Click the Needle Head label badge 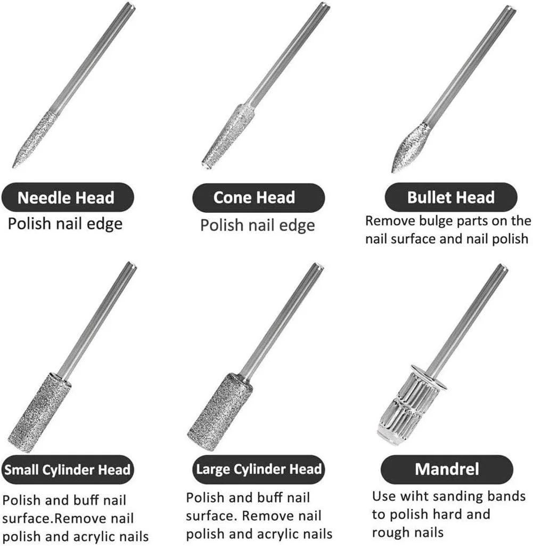coord(68,197)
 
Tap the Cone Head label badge coord(258,197)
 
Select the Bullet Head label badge coord(451,197)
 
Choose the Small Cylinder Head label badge coord(68,469)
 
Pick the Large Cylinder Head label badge coord(258,469)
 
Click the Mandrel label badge coord(447,469)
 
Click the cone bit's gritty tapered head coord(228,136)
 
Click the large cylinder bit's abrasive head coord(219,412)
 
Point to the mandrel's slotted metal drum coord(411,406)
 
